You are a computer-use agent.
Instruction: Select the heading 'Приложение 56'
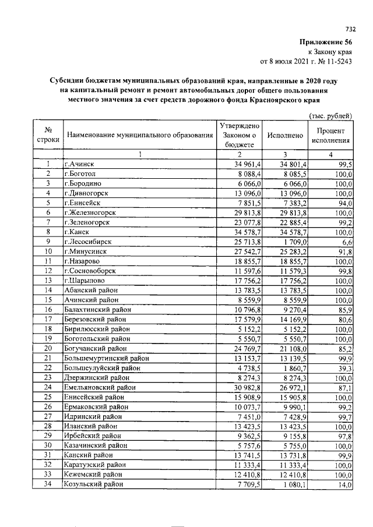pos(326,42)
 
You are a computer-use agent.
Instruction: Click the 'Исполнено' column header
pos(284,136)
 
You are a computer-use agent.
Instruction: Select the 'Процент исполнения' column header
pos(330,136)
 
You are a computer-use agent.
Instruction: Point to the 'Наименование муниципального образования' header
pos(140,136)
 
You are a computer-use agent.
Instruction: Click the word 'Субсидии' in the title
pos(68,81)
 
